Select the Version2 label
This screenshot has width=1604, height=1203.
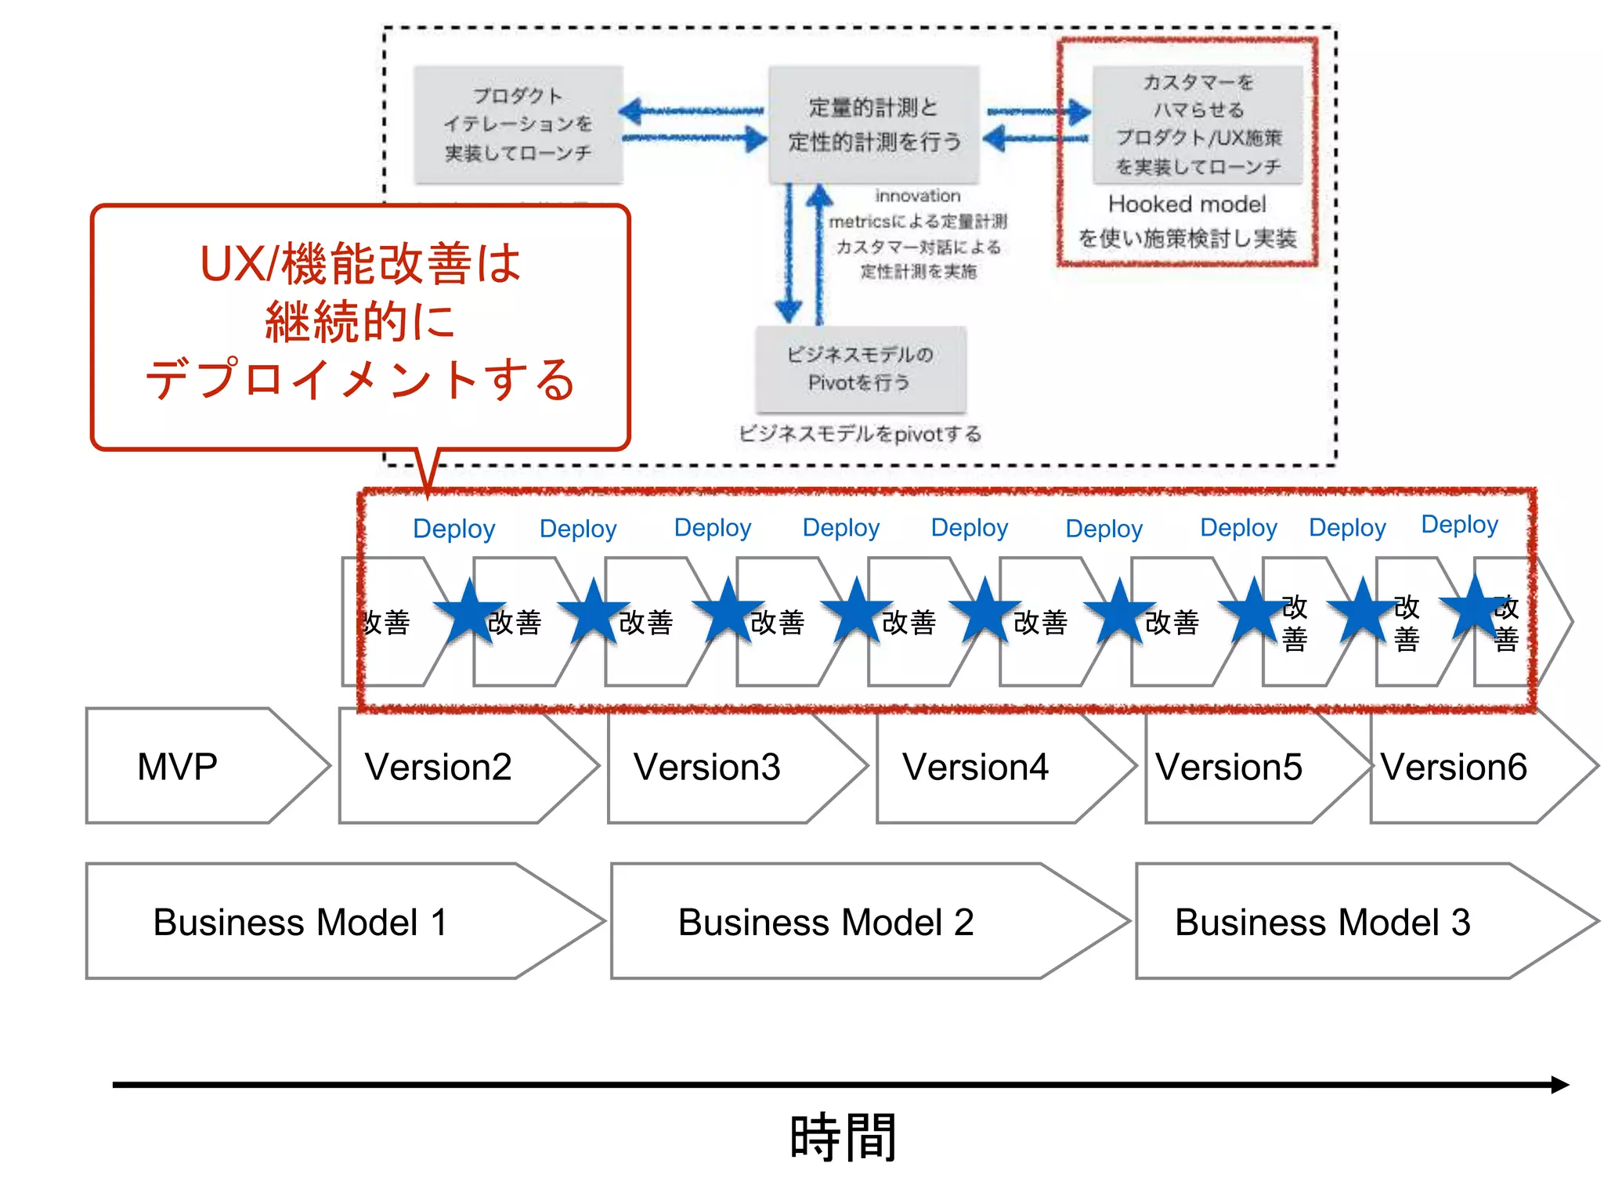(x=438, y=767)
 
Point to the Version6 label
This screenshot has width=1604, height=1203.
(x=1454, y=767)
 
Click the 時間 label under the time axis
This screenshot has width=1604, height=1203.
(x=843, y=1136)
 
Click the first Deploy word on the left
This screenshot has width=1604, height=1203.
(x=453, y=529)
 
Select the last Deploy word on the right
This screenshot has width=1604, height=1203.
(x=1459, y=524)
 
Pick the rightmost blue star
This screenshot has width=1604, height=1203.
(x=1474, y=607)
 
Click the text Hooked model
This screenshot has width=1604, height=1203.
(x=1187, y=204)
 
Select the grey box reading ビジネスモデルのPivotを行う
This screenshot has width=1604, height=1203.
(x=860, y=369)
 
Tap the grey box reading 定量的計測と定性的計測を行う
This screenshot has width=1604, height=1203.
(x=873, y=125)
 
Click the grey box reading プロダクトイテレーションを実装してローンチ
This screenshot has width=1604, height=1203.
(x=518, y=125)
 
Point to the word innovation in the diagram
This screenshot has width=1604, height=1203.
(x=917, y=196)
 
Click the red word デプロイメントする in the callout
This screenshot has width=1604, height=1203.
(x=360, y=380)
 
